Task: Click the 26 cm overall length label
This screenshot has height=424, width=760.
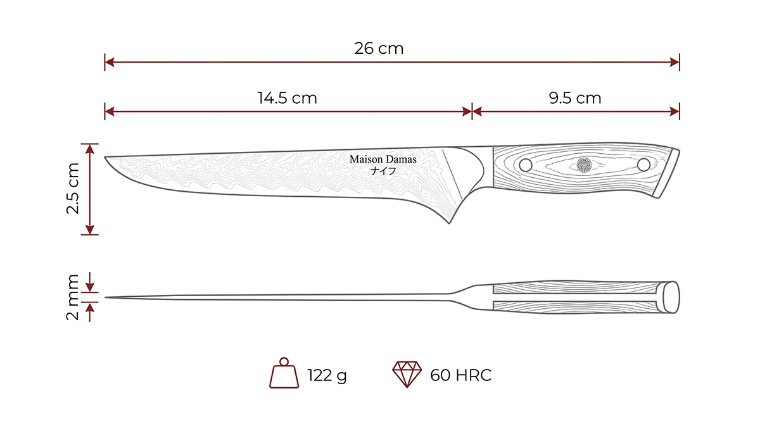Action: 379,49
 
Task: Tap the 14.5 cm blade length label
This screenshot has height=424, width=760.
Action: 288,98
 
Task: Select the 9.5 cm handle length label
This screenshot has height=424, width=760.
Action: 575,98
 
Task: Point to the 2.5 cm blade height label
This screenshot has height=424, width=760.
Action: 73,189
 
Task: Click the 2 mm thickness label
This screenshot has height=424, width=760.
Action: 73,297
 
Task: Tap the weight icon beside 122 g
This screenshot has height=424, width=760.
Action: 284,373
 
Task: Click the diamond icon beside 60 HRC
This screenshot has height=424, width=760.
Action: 407,374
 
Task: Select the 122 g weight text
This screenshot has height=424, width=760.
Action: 327,375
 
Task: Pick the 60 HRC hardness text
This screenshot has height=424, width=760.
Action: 461,375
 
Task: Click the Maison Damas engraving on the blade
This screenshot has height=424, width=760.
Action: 383,159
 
